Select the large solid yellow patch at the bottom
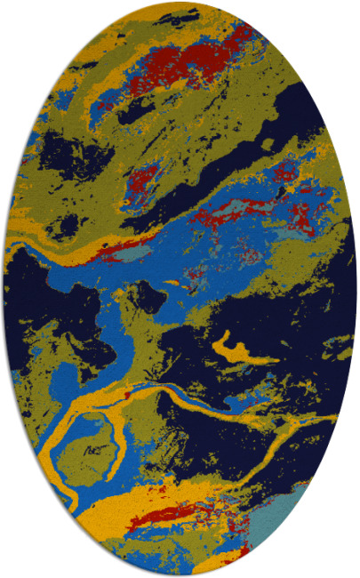pos(116,516)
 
